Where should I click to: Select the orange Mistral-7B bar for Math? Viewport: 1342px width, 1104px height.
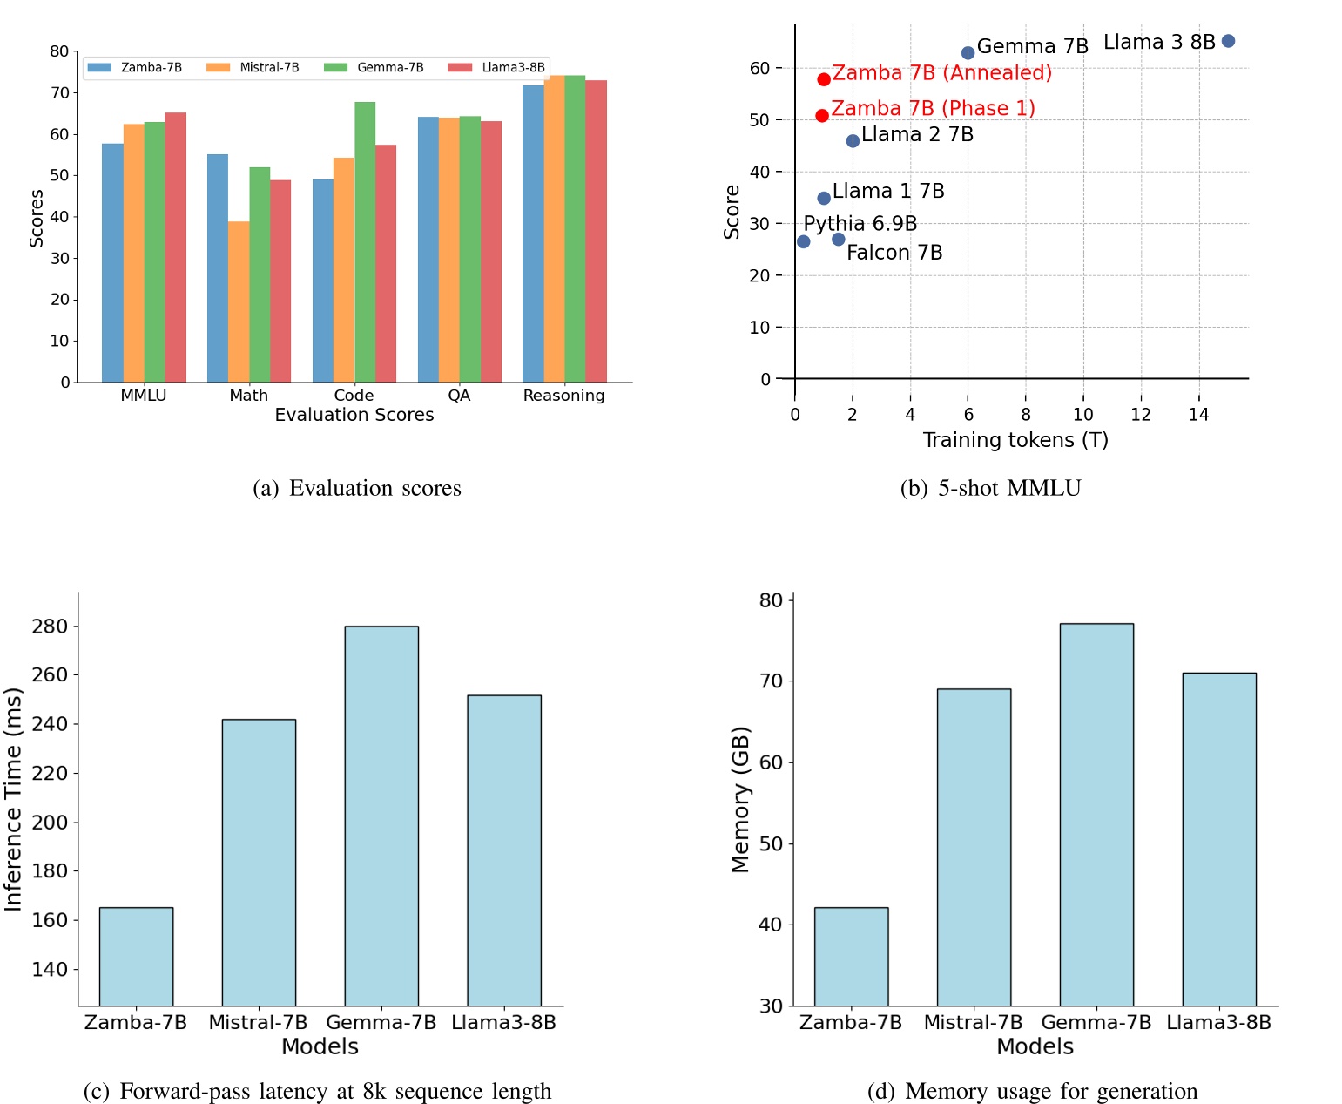(239, 301)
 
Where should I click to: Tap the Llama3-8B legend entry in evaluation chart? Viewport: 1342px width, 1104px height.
(496, 68)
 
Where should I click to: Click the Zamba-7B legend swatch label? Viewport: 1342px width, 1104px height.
(151, 68)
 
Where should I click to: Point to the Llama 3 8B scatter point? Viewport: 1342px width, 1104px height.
(1228, 41)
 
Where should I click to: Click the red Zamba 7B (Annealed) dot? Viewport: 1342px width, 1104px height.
(824, 79)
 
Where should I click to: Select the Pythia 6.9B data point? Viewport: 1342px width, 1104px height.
(803, 241)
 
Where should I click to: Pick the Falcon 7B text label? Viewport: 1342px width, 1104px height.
(894, 253)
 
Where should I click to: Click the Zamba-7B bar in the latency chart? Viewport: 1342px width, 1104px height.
(136, 957)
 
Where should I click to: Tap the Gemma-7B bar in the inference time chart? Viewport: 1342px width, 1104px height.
(381, 816)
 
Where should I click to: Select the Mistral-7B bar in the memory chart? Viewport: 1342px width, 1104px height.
(974, 847)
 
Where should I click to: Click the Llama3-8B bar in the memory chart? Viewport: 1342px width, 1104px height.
(1219, 839)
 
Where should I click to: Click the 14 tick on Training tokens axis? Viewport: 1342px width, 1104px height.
(1198, 415)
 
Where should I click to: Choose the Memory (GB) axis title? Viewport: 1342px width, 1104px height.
(740, 799)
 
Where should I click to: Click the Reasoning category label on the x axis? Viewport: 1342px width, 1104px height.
(563, 396)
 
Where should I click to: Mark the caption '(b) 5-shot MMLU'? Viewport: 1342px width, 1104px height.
(990, 488)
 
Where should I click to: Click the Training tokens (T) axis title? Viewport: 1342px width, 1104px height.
(1015, 440)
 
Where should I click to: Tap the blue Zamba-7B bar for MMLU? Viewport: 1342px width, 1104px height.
(112, 262)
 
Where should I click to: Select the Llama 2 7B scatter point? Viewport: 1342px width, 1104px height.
(853, 140)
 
